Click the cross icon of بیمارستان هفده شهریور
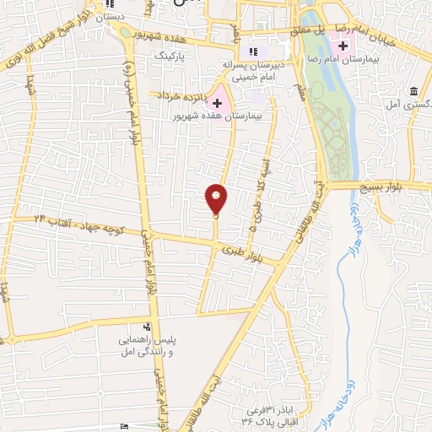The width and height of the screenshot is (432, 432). point(217,102)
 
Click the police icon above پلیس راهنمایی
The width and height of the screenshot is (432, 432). point(148,327)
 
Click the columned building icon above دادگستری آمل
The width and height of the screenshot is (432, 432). point(413,91)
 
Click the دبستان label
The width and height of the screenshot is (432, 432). point(110,17)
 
